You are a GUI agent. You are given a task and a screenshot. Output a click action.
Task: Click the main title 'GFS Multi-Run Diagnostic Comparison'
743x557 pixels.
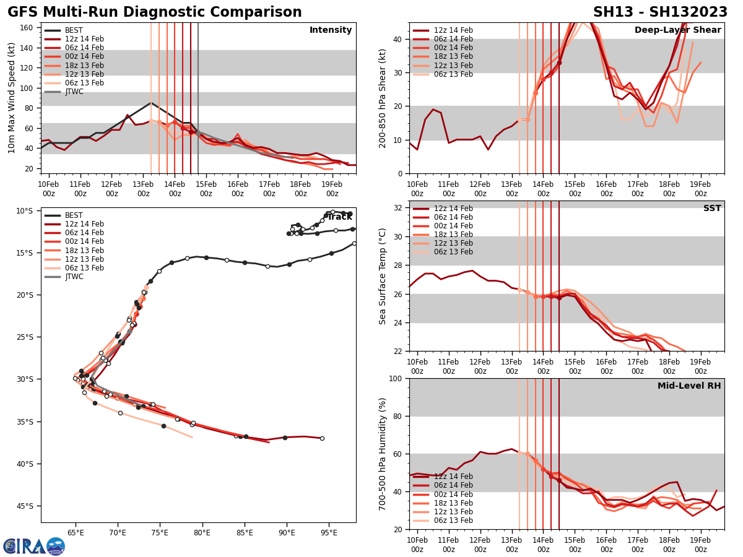154,12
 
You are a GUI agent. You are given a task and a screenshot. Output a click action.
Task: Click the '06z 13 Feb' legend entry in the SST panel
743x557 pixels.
454,252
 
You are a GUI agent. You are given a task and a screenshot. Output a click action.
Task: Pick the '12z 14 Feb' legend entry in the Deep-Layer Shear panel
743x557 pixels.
454,30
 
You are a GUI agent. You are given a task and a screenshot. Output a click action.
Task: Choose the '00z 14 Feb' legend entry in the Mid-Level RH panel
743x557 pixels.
454,494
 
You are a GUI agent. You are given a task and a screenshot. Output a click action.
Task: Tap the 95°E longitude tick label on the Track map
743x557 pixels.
329,532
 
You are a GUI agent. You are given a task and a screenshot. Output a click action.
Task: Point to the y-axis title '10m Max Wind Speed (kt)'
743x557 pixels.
12,98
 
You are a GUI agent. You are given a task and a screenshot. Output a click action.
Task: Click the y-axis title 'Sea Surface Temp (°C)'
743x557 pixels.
383,276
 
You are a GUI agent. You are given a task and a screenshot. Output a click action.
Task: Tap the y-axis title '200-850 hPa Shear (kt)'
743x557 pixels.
383,98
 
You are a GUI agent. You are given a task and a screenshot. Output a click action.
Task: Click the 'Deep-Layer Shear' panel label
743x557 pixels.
677,30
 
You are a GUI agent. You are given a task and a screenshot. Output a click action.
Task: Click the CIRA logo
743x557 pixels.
34,546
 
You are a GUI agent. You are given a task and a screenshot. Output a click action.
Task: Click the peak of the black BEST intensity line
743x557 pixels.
150,103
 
